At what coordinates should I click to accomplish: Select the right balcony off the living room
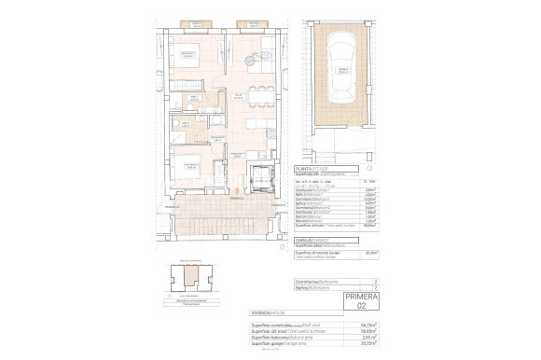250,23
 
